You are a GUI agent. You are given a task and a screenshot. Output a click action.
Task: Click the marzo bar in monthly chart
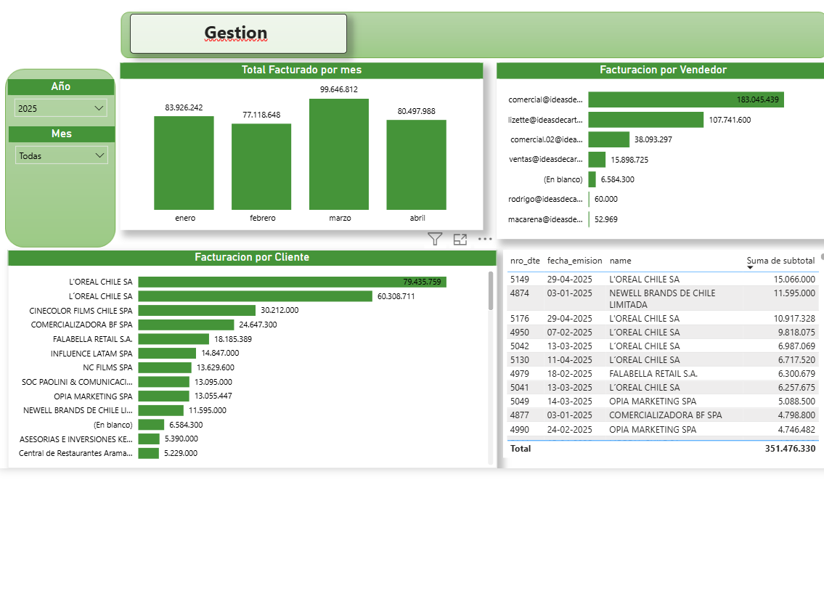coord(339,154)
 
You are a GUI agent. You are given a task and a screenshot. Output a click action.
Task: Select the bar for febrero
coord(261,166)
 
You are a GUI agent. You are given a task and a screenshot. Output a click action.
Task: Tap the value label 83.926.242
coord(184,107)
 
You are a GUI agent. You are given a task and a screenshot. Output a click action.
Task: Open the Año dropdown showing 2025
coord(61,108)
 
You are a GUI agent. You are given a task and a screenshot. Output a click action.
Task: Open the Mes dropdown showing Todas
coord(61,155)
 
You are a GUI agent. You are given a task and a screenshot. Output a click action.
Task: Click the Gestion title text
coord(236,33)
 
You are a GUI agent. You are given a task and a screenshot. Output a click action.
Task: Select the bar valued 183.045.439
coord(685,99)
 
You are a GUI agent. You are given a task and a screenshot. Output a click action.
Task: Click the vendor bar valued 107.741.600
coord(645,120)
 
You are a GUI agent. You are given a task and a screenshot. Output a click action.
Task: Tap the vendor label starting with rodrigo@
coord(545,199)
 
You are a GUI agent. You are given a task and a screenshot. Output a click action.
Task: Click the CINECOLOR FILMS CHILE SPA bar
coord(197,310)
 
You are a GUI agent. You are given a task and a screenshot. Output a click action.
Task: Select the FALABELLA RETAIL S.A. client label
coord(93,339)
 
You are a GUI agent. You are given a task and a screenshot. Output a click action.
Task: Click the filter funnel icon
coord(435,239)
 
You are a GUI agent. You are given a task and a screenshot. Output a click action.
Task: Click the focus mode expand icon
coord(460,239)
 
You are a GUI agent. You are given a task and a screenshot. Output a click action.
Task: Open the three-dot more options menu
coord(485,239)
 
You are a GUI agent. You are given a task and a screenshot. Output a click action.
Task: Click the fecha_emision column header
coord(574,260)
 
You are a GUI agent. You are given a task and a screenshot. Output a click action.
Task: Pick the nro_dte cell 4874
coord(521,293)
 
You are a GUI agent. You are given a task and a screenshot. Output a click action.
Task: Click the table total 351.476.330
coord(790,449)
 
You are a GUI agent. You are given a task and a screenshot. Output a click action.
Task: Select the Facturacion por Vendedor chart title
coord(663,70)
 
